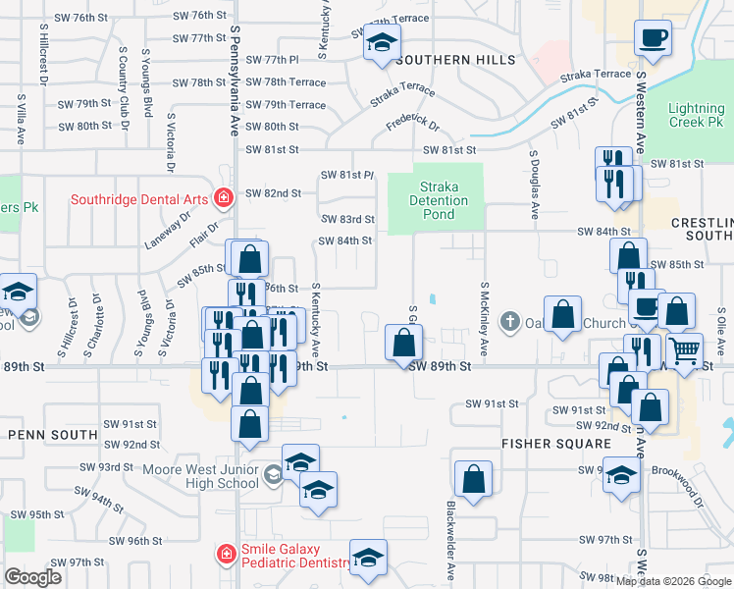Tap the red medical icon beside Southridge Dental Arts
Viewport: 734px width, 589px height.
point(225,198)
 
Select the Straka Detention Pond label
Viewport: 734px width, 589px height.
point(438,200)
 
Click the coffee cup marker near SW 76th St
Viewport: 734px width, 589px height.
point(654,40)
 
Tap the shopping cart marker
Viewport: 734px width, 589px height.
point(685,348)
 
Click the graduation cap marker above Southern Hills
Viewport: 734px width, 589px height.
point(381,43)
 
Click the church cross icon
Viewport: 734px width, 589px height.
point(509,322)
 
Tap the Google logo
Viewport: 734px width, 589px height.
point(33,577)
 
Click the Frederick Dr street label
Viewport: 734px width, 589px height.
point(413,124)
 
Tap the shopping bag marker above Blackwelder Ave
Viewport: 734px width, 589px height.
point(473,481)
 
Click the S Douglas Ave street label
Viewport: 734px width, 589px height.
point(535,185)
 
